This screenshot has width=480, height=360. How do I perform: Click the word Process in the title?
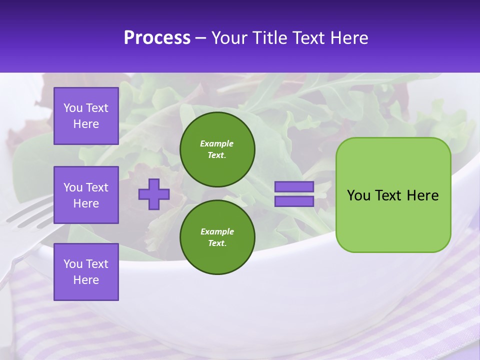[x=157, y=38]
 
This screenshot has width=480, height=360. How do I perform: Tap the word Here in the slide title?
[x=348, y=38]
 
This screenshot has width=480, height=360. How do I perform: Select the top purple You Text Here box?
[x=86, y=116]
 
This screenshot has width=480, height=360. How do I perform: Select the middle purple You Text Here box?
[x=86, y=195]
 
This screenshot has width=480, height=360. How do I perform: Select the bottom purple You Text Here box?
[x=86, y=271]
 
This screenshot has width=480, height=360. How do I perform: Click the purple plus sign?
[x=154, y=194]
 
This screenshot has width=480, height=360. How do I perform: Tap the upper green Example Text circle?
[x=217, y=149]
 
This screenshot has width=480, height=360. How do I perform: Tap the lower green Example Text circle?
[x=217, y=237]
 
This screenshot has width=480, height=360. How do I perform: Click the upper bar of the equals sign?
[x=294, y=186]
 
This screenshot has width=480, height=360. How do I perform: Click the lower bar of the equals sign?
[x=294, y=201]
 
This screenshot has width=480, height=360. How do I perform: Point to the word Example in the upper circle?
[x=217, y=143]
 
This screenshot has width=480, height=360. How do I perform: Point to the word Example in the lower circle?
[x=217, y=231]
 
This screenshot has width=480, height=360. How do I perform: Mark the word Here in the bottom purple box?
[x=86, y=280]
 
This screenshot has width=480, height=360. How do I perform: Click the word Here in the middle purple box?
[x=86, y=203]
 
